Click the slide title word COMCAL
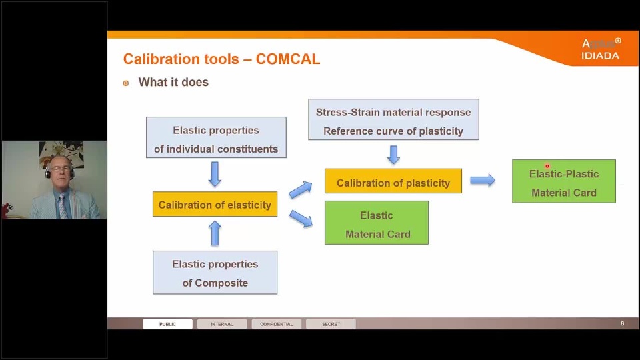pyautogui.click(x=288, y=59)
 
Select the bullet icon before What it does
pyautogui.click(x=126, y=83)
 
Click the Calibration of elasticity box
pyautogui.click(x=215, y=205)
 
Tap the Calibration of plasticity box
pyautogui.click(x=393, y=182)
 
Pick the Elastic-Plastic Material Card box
pyautogui.click(x=563, y=182)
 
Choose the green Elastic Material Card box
pyautogui.click(x=376, y=224)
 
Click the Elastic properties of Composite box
pyautogui.click(x=215, y=273)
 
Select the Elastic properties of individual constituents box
pyautogui.click(x=216, y=139)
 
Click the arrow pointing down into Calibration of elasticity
pyautogui.click(x=215, y=175)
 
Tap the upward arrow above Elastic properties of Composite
pyautogui.click(x=215, y=233)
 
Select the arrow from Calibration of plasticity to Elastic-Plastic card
pyautogui.click(x=482, y=180)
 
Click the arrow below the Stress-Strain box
pyautogui.click(x=393, y=155)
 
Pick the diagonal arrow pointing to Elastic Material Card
pyautogui.click(x=301, y=219)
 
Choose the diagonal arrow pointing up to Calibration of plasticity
pyautogui.click(x=301, y=189)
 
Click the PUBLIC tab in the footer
pyautogui.click(x=167, y=324)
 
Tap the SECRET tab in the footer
pyautogui.click(x=331, y=324)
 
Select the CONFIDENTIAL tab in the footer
pyautogui.click(x=276, y=324)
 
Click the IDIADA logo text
pyautogui.click(x=600, y=56)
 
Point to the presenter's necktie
pyautogui.click(x=61, y=205)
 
